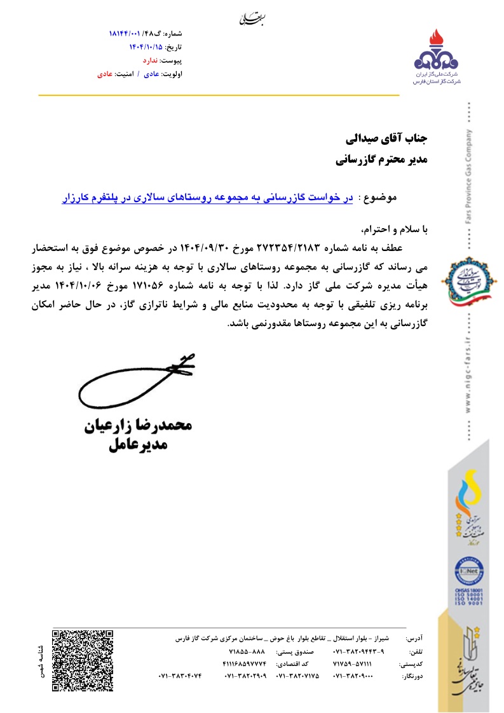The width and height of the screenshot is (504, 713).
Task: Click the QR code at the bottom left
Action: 83,660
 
